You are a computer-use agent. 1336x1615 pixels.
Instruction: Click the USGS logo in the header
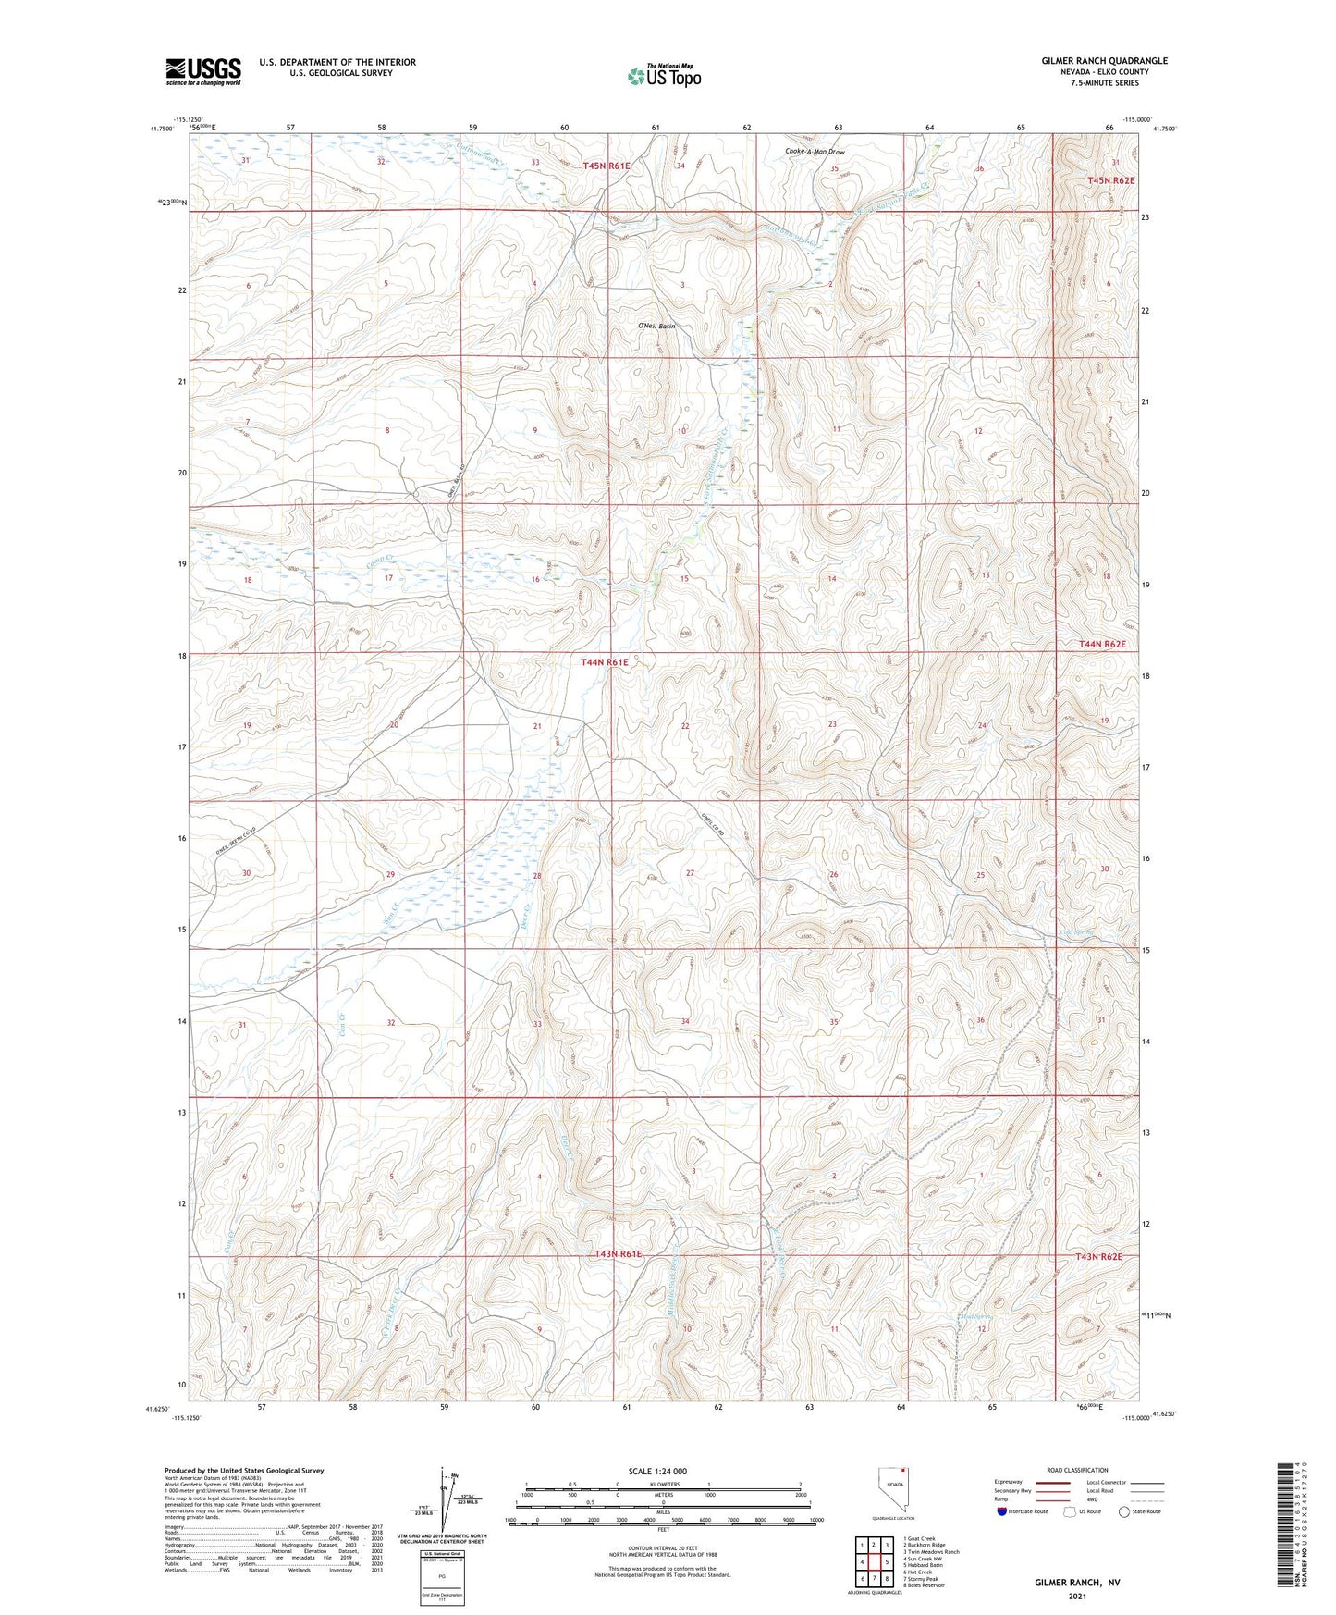pyautogui.click(x=203, y=71)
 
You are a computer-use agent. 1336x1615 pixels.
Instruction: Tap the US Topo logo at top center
pyautogui.click(x=663, y=76)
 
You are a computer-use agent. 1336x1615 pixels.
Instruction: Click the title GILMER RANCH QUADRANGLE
pyautogui.click(x=1104, y=61)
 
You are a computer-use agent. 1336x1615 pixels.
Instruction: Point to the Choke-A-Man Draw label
pyautogui.click(x=815, y=152)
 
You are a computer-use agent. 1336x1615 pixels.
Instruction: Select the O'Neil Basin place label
pyautogui.click(x=656, y=327)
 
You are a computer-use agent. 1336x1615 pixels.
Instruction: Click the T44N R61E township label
pyautogui.click(x=605, y=662)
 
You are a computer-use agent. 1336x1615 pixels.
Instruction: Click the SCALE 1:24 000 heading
pyautogui.click(x=657, y=1471)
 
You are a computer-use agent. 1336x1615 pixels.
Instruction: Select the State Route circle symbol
pyautogui.click(x=1124, y=1511)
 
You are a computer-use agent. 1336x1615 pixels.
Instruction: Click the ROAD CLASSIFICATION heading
pyautogui.click(x=1077, y=1470)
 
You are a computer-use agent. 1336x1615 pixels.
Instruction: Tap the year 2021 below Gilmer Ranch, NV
pyautogui.click(x=1076, y=1597)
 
